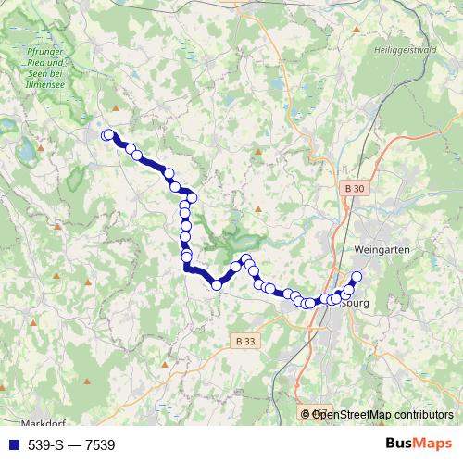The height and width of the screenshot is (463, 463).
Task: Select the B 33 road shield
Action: [244, 342]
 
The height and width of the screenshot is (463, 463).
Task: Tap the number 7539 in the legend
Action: [100, 445]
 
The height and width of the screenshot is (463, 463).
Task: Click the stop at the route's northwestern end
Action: [107, 134]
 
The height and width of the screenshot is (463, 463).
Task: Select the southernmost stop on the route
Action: [217, 285]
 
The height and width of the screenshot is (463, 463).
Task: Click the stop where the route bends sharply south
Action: [192, 196]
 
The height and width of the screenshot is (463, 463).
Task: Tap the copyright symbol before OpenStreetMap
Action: [306, 414]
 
